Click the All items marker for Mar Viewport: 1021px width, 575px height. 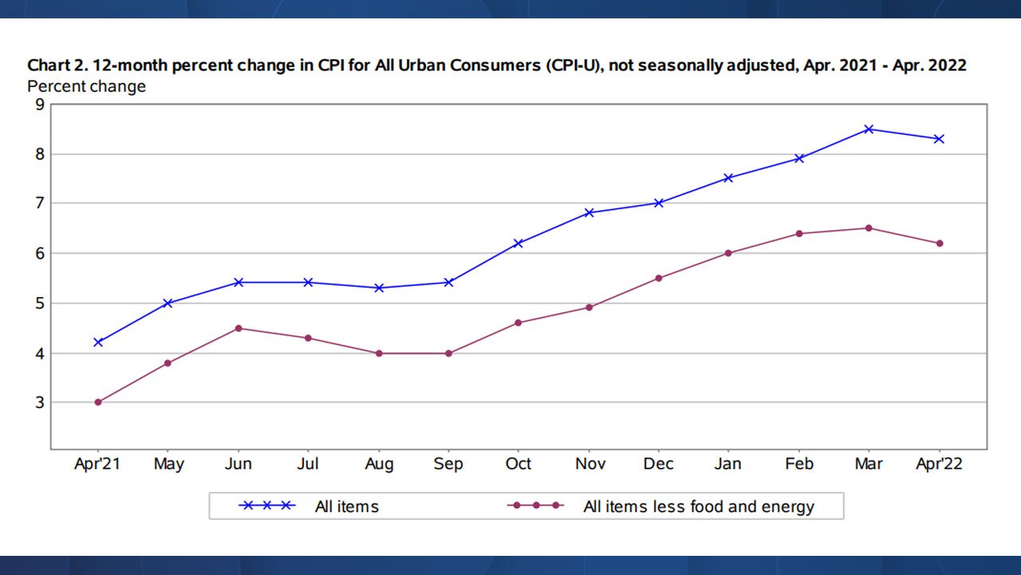(869, 129)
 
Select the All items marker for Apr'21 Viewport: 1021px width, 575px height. (98, 343)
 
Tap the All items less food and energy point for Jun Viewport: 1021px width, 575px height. (238, 328)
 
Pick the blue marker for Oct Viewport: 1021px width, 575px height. (518, 243)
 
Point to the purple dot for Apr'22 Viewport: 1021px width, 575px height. (940, 244)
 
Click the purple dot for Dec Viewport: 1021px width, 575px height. (659, 278)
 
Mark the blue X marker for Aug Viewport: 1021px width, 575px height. (379, 287)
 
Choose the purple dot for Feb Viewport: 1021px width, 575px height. (799, 233)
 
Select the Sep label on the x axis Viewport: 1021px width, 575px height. (448, 465)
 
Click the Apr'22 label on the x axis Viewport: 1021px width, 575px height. (939, 465)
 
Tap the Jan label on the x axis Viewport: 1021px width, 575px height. (728, 465)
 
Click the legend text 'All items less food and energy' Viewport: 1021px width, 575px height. (699, 506)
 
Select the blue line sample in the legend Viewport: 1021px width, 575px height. (267, 506)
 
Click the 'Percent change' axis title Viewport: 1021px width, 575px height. (87, 86)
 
